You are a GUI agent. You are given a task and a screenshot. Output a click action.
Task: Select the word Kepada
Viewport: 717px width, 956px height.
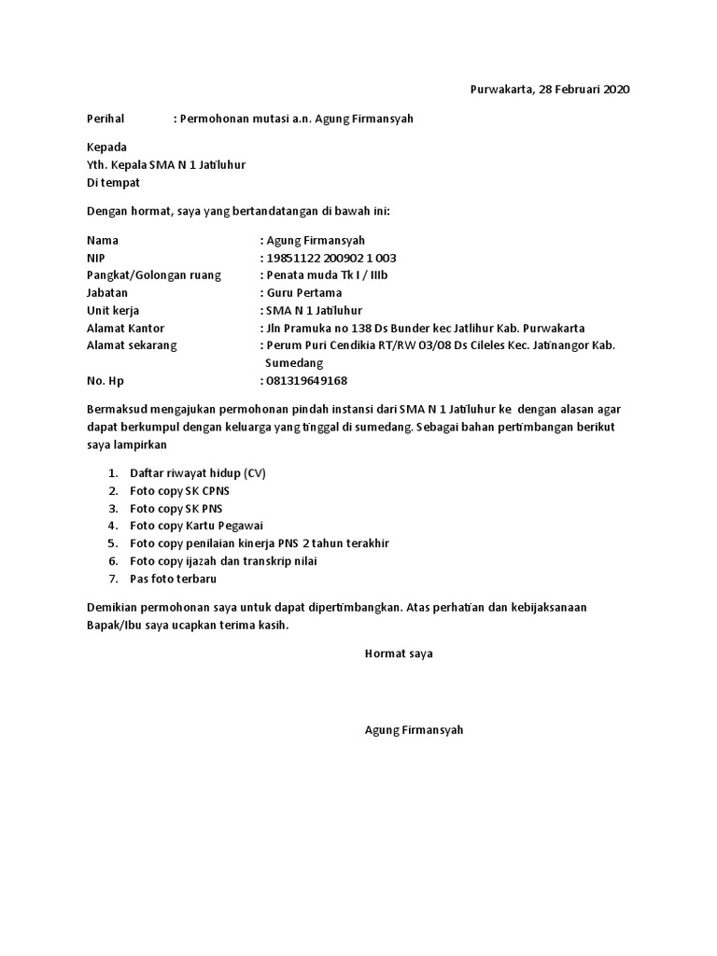pos(106,148)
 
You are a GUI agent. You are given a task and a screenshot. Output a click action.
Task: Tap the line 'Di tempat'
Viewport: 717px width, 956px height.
pos(113,183)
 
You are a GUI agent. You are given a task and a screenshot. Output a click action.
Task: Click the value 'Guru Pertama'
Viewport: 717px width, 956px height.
pos(304,292)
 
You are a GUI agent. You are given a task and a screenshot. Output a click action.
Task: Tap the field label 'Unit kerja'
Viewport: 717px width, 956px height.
pos(113,310)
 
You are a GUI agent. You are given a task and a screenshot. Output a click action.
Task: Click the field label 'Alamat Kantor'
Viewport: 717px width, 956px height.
pos(125,328)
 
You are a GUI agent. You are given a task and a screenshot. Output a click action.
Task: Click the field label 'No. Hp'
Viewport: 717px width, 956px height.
pos(105,381)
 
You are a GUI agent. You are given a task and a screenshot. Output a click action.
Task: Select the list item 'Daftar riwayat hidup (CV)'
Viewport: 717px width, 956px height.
pos(198,473)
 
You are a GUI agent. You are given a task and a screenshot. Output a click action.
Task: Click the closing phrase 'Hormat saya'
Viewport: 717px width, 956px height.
pos(399,654)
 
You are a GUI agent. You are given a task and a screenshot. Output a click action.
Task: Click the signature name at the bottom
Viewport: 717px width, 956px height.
pos(414,730)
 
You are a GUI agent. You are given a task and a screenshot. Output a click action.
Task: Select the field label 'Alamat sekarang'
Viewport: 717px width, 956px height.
pos(132,345)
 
